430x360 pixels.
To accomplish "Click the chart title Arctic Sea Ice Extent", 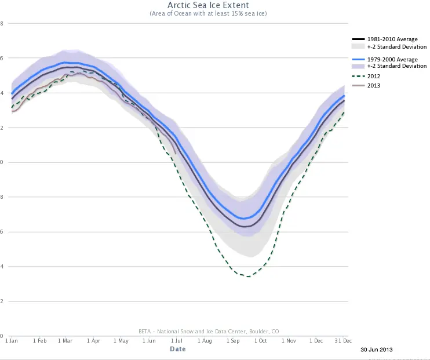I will click(x=208, y=5).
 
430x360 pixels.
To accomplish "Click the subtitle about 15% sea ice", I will click(x=208, y=13).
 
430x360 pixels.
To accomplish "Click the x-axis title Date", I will click(x=178, y=349).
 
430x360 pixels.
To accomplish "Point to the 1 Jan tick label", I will click(x=12, y=341).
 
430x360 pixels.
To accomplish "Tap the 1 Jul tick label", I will click(x=177, y=341).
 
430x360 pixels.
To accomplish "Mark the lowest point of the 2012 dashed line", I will click(x=248, y=277).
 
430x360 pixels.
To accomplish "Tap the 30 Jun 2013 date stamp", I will click(x=376, y=350).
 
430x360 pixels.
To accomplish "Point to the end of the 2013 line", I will click(x=176, y=153).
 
